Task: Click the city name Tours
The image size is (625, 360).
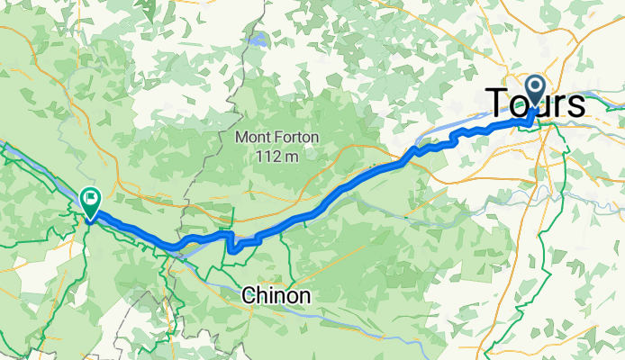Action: [536, 102]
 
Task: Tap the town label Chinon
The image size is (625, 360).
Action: [276, 295]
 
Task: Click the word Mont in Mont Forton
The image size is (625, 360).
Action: [251, 138]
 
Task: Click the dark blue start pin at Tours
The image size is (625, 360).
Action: [535, 91]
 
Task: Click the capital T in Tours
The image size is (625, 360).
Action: [498, 102]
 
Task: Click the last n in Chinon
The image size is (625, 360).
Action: [305, 296]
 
